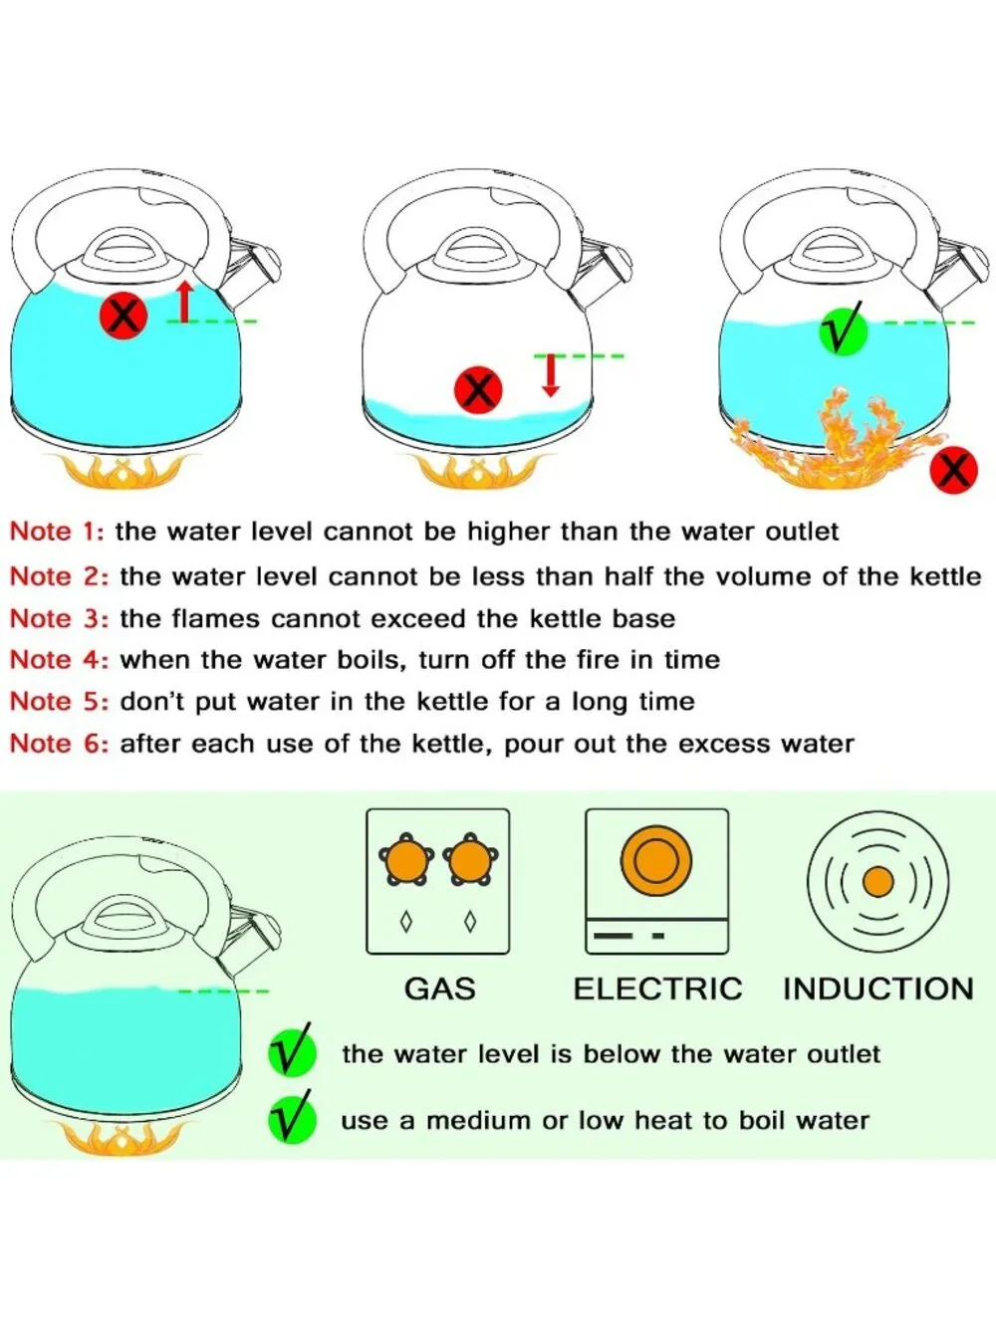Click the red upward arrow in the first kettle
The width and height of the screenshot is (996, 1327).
[185, 301]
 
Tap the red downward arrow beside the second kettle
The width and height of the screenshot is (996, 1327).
[550, 375]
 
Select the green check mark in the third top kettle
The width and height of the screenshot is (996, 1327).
[843, 328]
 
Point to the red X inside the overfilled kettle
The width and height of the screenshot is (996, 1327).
[124, 315]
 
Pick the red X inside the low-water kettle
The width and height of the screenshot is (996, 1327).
[478, 389]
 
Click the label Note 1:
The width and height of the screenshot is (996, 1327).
[58, 532]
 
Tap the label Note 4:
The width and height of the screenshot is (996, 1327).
[59, 660]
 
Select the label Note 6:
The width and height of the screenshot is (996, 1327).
[59, 743]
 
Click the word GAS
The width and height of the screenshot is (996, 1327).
[439, 990]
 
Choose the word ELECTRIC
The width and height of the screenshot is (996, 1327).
[657, 990]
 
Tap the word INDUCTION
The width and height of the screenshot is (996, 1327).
[878, 990]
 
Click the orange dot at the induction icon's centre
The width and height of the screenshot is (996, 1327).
[878, 882]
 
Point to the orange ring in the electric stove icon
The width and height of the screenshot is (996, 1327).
[656, 833]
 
